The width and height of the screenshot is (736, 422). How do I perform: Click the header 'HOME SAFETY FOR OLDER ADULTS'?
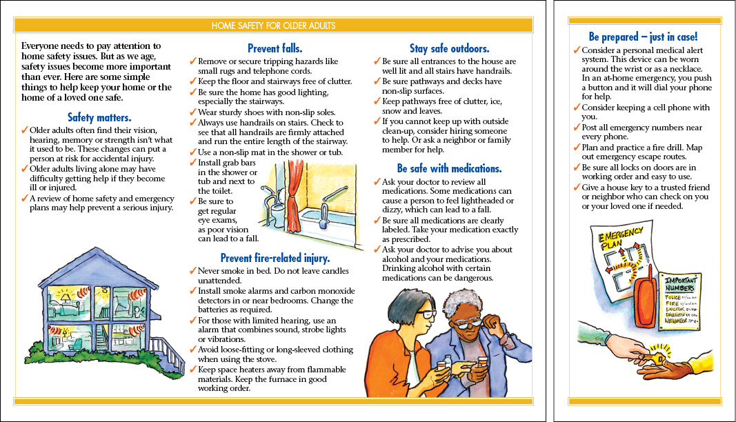(274, 26)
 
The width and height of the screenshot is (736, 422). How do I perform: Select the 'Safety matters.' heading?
(99, 117)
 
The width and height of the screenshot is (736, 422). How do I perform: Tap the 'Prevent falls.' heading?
(274, 48)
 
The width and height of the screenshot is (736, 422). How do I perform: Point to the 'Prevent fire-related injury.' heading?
(275, 259)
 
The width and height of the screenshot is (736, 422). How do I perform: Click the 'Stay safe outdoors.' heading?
(449, 48)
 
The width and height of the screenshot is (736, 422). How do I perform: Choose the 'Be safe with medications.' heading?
(449, 168)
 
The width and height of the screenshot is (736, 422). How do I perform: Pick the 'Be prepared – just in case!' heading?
(643, 37)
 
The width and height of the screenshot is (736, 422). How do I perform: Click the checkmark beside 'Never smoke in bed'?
(193, 271)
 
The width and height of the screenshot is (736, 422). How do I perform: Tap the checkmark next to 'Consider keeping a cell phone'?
(577, 108)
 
